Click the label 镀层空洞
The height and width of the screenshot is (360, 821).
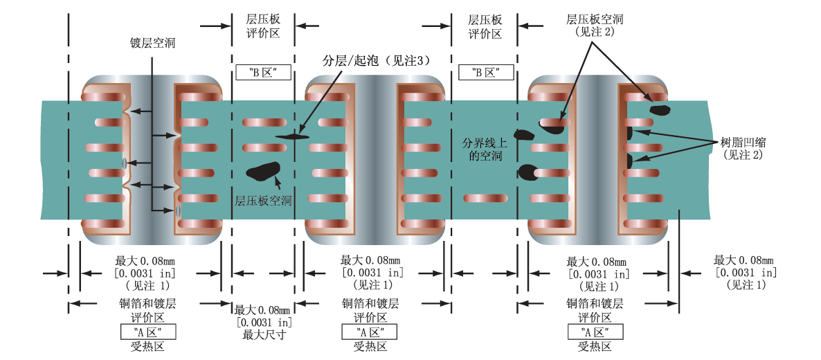click(153, 43)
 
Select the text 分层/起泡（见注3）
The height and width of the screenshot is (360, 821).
click(381, 60)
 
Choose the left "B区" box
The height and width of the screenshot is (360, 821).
click(262, 72)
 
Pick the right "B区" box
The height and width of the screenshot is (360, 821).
click(485, 72)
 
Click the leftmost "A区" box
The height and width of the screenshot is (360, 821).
click(147, 332)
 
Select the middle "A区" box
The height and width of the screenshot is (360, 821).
click(370, 332)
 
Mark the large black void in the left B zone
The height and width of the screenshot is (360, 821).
click(263, 170)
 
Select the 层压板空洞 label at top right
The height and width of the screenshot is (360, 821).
click(595, 19)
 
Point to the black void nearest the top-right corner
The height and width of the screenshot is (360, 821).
click(658, 109)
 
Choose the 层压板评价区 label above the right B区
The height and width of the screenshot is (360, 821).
click(485, 26)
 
